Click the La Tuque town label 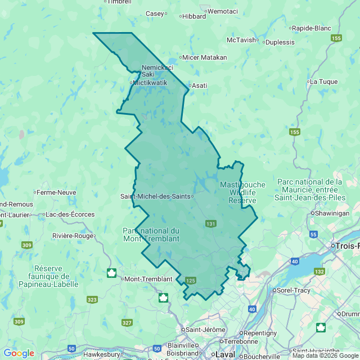tap(323, 82)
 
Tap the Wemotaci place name tap(223, 11)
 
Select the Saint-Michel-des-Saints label tap(155, 196)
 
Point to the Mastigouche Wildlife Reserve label tap(242, 192)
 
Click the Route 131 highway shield tap(210, 224)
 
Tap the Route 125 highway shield tap(190, 280)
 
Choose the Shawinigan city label tap(332, 214)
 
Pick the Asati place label tap(200, 85)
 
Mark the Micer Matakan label tap(205, 57)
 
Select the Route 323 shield tap(92, 300)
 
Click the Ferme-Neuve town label tap(57, 192)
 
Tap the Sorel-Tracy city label tap(291, 290)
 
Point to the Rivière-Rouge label tap(73, 236)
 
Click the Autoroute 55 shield tap(313, 234)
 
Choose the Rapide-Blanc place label tap(311, 28)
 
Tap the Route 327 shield tap(127, 322)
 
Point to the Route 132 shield tap(319, 272)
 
